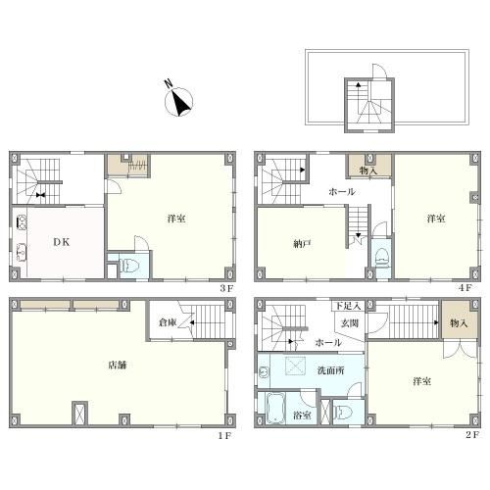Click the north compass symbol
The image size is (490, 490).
pos(178,101)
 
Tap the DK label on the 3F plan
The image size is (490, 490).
pos(62,242)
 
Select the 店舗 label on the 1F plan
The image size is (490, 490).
pos(118,365)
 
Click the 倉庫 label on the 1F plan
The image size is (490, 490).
pos(168,322)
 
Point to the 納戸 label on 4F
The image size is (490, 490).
pos(302,244)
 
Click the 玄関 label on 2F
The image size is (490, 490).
pos(350,323)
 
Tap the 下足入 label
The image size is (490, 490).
pos(348,306)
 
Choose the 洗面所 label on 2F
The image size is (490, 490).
pos(330,370)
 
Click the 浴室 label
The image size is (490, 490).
pos(302,416)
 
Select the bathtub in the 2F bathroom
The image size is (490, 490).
pos(276,408)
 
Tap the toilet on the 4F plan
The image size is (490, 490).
pos(382,257)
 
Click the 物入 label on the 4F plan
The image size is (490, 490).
pos(368,171)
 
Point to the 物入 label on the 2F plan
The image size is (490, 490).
pos(459,323)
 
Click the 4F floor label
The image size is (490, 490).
pos(465,288)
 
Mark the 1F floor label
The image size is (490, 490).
pos(225,435)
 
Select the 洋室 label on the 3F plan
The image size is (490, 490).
pos(176,219)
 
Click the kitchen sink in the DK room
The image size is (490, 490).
pos(22,222)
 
